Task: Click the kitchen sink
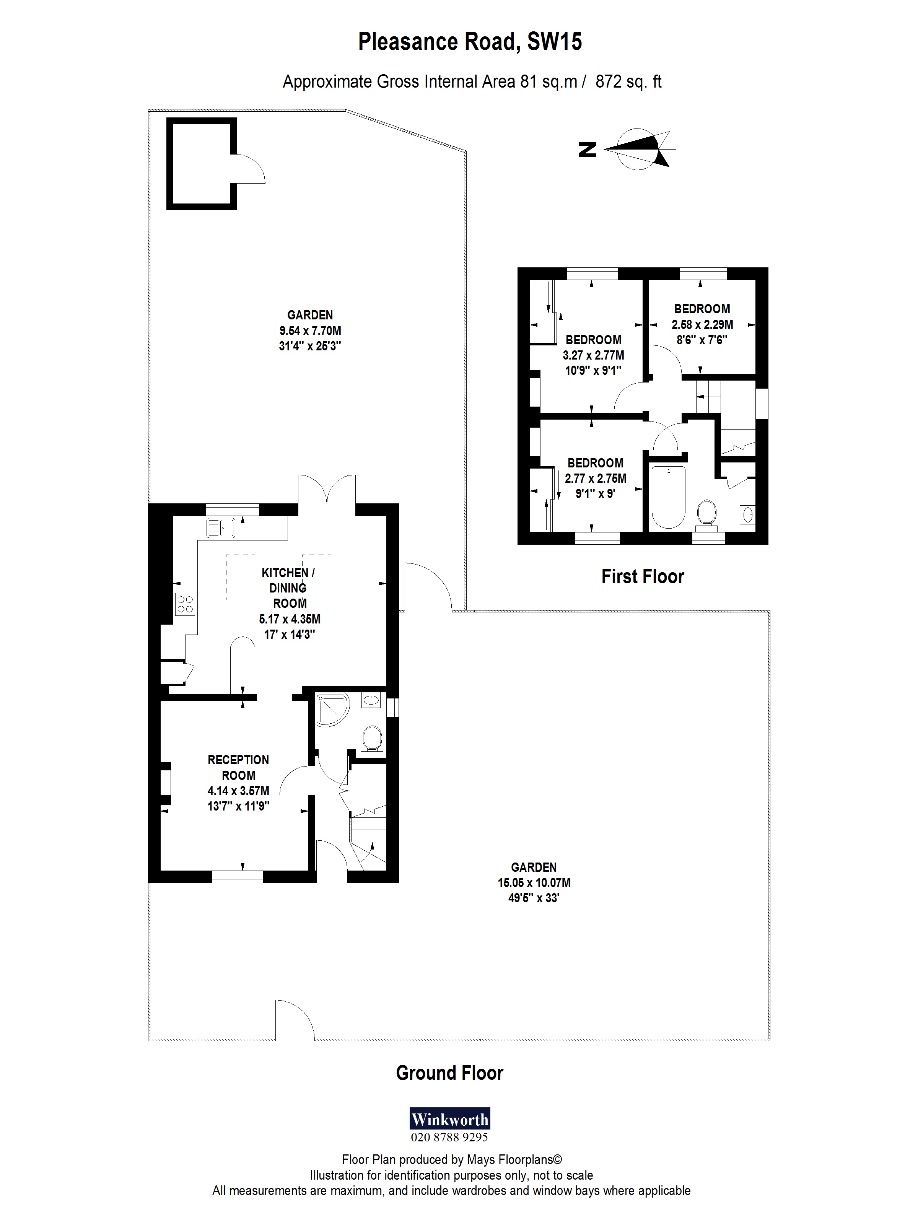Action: [221, 527]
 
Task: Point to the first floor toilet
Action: [705, 513]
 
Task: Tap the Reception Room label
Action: [239, 768]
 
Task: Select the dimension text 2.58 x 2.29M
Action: [702, 325]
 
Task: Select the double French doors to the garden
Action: [327, 490]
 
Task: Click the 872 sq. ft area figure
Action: [628, 82]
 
